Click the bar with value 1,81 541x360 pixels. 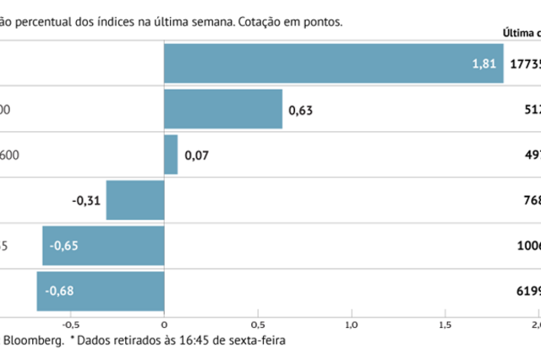coord(333,64)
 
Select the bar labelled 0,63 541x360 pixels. coord(223,109)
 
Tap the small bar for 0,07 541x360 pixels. coord(171,155)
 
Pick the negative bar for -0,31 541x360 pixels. coord(135,200)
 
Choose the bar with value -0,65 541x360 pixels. coord(103,246)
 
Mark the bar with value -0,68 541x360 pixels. coord(100,292)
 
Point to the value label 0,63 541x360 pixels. coord(301,110)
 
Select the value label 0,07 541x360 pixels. coord(197,155)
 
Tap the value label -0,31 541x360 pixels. coord(86,201)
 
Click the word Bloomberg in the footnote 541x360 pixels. coord(34,341)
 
